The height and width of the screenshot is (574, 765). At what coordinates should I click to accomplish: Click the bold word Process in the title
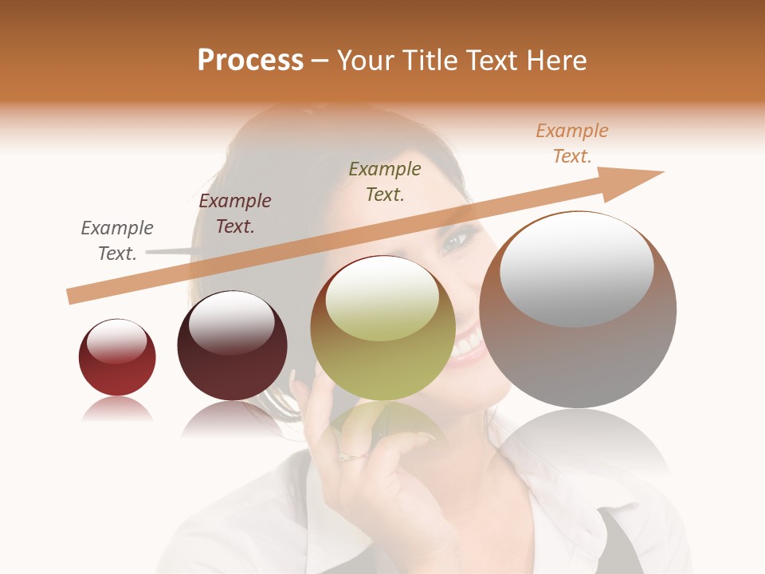point(250,61)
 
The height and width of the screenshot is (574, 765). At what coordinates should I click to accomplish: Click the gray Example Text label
point(117,241)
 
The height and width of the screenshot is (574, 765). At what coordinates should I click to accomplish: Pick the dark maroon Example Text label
point(235,214)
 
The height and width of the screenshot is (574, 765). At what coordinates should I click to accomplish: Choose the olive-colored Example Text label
point(385,182)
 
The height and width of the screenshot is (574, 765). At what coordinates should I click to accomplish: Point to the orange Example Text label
point(572,143)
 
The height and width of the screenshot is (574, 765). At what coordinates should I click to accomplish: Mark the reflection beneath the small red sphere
point(117,410)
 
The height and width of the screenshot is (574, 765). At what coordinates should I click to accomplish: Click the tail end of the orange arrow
point(72,296)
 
